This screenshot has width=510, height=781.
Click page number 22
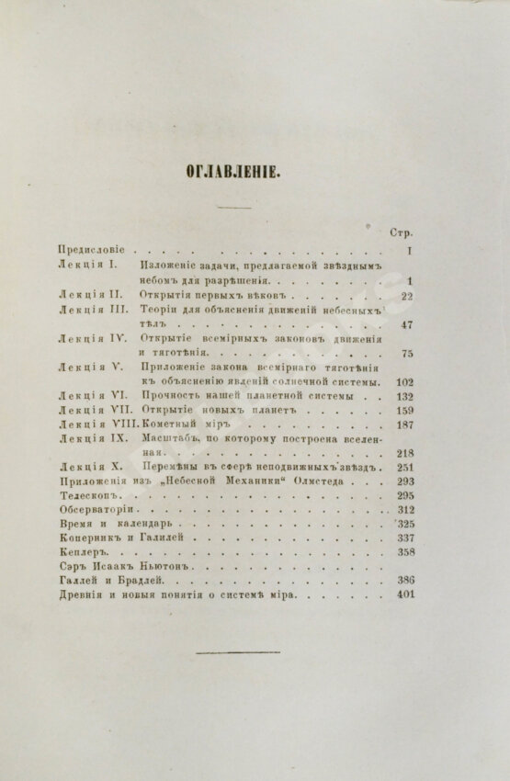[409, 296]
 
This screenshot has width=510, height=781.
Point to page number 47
[408, 324]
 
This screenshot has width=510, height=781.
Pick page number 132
[405, 397]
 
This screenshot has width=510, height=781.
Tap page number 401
[405, 595]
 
